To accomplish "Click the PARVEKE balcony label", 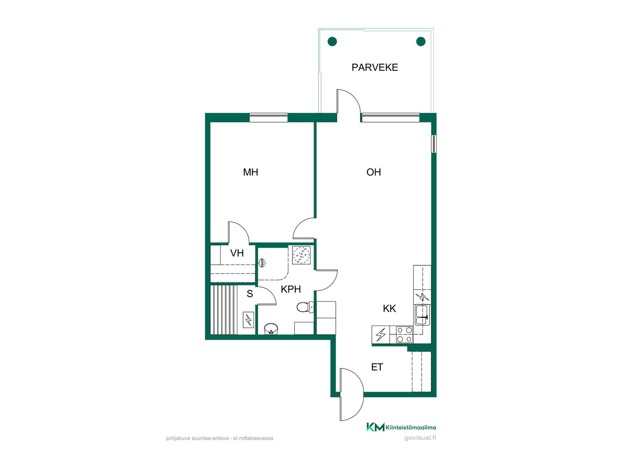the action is click(x=375, y=67).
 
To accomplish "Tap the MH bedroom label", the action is click(x=251, y=172).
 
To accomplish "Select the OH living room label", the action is click(x=374, y=172).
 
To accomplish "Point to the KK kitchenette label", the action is click(x=389, y=308).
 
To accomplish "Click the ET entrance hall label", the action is click(x=377, y=367).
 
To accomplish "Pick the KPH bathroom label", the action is click(x=291, y=289).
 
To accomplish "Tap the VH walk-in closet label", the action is click(x=237, y=253).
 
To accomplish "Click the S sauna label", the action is click(x=250, y=294).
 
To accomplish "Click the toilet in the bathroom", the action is click(x=305, y=307).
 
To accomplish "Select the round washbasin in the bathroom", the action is click(x=271, y=329).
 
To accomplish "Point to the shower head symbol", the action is click(x=262, y=263).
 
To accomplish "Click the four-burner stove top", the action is click(x=405, y=334).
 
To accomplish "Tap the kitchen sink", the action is click(x=422, y=315).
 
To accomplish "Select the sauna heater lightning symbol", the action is click(x=249, y=320).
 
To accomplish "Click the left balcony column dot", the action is click(x=332, y=42).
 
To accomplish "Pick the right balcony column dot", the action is click(x=421, y=42).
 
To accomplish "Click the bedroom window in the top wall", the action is click(x=269, y=117).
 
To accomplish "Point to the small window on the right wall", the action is click(x=434, y=144).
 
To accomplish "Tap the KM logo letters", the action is click(x=376, y=427).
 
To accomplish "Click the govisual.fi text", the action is click(x=420, y=438).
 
